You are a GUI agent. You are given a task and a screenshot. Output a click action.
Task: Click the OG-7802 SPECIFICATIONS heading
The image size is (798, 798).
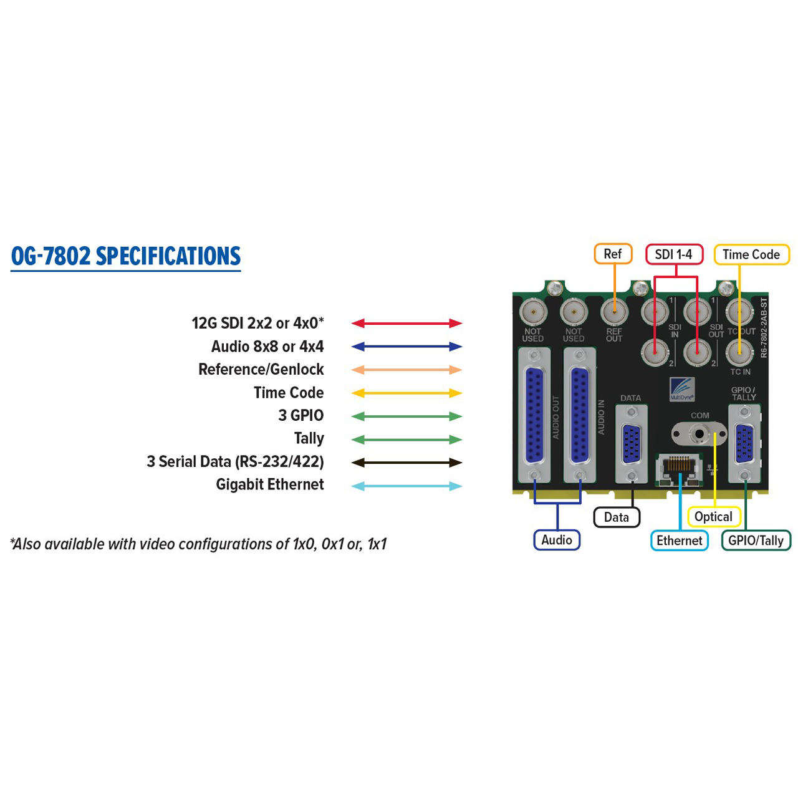pos(125,256)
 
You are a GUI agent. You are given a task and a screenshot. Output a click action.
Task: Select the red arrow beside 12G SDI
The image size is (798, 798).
pos(406,323)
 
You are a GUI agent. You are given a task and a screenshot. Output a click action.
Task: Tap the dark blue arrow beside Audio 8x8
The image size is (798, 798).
pos(406,347)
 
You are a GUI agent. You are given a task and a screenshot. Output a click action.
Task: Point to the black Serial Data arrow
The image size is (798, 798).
pos(406,463)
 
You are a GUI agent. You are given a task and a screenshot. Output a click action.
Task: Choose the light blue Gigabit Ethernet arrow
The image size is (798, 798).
pos(406,486)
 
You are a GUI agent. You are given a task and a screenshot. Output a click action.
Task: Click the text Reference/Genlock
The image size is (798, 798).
pos(261,370)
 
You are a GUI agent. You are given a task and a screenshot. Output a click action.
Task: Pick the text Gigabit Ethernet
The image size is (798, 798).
pos(269,484)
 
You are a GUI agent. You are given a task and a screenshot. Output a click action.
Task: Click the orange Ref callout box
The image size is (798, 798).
pos(613,254)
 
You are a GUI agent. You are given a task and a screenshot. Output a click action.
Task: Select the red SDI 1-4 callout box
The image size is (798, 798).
pos(674,254)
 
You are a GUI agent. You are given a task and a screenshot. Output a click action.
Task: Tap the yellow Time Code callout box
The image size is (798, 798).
pos(751,255)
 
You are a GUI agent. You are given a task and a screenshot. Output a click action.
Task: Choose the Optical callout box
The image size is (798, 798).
pos(713,517)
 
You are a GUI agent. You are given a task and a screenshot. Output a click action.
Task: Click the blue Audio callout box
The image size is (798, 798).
pos(557,540)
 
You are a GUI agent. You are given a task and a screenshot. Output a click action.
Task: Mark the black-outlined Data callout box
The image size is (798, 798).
pos(617,517)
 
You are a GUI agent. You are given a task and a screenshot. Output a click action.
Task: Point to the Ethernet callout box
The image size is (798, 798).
pos(679,541)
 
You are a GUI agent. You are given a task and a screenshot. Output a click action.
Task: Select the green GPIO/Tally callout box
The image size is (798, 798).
pos(756,541)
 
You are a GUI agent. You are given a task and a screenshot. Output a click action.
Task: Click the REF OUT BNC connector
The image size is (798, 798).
pos(614,312)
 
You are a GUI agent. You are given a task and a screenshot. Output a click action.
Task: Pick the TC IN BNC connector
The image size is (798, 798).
pos(739,352)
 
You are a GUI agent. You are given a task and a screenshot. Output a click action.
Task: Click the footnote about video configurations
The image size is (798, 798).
pos(198,544)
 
